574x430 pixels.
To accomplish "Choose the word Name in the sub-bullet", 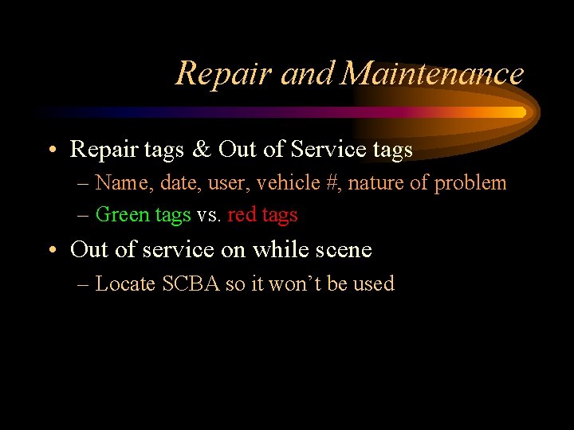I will click(x=120, y=183).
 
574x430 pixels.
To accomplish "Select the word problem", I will click(x=470, y=183).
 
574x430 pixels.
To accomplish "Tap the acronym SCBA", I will click(x=191, y=284).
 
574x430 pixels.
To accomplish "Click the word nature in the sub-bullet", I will click(x=376, y=183).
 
